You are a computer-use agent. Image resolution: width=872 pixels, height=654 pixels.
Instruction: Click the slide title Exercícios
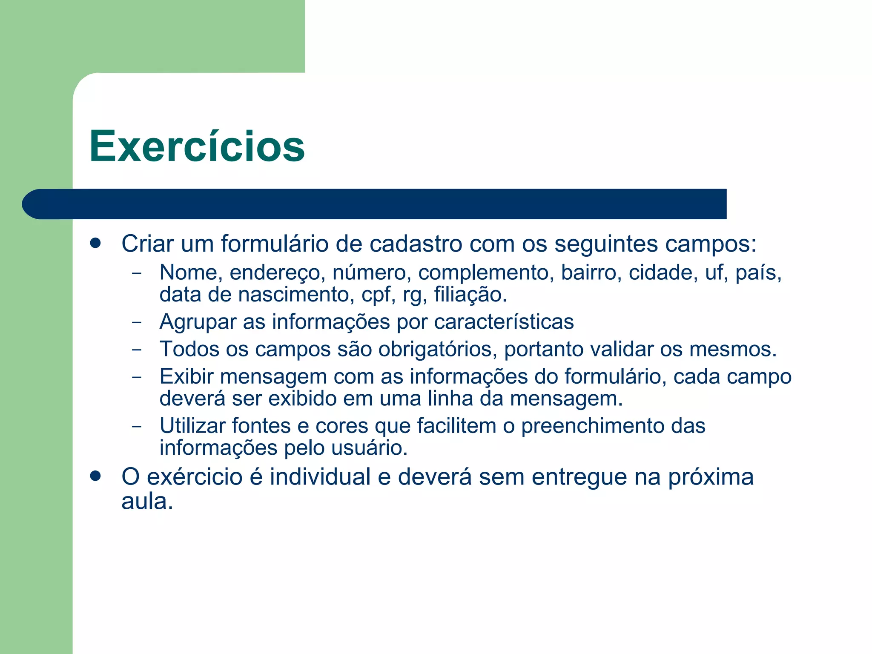click(197, 146)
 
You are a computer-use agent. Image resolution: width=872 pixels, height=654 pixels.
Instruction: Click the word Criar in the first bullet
click(147, 244)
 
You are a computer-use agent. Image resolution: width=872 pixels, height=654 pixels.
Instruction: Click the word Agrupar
click(198, 322)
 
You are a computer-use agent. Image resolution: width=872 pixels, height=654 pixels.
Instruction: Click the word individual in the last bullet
click(320, 476)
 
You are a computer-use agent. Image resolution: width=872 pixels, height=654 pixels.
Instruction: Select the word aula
click(147, 501)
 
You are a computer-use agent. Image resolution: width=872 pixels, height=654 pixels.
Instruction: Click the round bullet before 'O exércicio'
click(95, 476)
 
